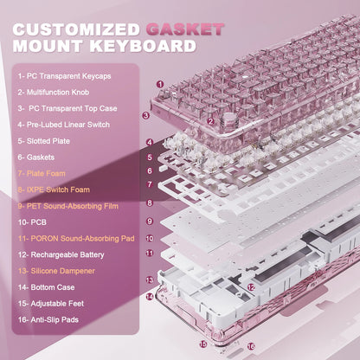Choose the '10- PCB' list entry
coord(35,222)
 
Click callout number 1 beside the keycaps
coord(160,84)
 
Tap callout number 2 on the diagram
coord(210,121)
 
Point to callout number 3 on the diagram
coord(145,114)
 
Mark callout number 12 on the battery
coord(250,286)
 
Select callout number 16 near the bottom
coord(252,347)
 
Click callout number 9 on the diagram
coord(149,221)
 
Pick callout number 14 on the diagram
coord(149,297)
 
